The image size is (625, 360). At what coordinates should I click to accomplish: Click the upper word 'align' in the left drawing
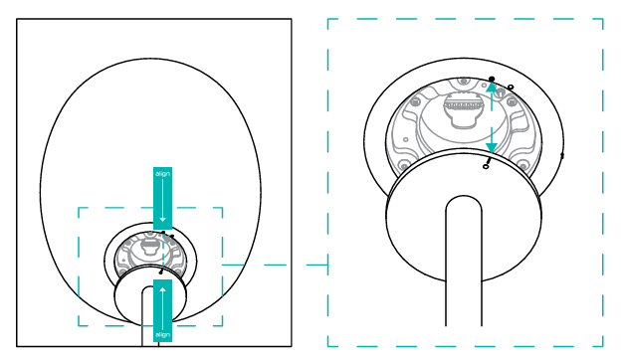[x=162, y=174]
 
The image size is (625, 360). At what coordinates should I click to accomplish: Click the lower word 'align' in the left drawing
[x=162, y=334]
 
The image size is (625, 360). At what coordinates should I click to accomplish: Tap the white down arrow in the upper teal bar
[x=162, y=200]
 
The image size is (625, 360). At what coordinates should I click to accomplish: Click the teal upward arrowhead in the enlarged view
[x=492, y=87]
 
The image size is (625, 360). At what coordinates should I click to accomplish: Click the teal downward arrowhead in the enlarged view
[x=492, y=148]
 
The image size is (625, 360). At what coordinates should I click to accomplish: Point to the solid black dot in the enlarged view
[x=492, y=79]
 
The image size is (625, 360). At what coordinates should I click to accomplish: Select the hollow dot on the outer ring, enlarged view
[x=511, y=87]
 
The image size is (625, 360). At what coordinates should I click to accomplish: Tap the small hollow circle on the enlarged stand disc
[x=485, y=166]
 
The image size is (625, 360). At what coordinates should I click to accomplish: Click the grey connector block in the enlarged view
[x=462, y=110]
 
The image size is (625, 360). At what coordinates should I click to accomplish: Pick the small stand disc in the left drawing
[x=150, y=296]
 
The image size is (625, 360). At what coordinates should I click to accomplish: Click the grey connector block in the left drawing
[x=150, y=247]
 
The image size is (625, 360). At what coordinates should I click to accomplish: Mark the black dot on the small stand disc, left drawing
[x=160, y=272]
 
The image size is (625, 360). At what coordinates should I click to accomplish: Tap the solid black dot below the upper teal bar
[x=163, y=233]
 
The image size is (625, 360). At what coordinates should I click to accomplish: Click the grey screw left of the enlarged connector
[x=415, y=102]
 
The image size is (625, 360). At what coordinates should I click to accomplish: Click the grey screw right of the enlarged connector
[x=512, y=102]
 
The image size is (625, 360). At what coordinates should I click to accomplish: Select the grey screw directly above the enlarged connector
[x=463, y=82]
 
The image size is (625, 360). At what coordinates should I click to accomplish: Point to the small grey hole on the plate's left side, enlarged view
[x=406, y=139]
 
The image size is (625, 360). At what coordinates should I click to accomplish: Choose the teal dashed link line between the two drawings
[x=275, y=265]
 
